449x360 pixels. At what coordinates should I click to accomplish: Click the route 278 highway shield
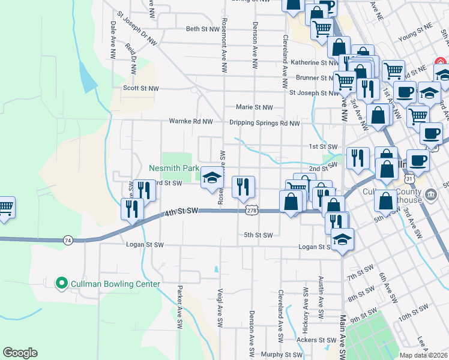[252, 211]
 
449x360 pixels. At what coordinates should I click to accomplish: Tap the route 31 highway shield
[409, 179]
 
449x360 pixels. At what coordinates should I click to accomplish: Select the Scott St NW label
[140, 88]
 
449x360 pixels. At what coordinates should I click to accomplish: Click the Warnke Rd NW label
[191, 121]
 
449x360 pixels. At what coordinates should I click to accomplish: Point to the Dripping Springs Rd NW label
[264, 123]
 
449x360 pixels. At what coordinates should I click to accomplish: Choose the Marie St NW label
[255, 107]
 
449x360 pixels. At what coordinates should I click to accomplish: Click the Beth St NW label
[201, 29]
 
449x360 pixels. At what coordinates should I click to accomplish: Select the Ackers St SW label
[317, 340]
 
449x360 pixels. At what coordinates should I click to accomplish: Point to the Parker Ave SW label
[179, 307]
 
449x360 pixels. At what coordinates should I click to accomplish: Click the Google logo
[20, 353]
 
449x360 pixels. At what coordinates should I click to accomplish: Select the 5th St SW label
[258, 235]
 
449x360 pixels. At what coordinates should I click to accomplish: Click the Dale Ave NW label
[112, 40]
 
